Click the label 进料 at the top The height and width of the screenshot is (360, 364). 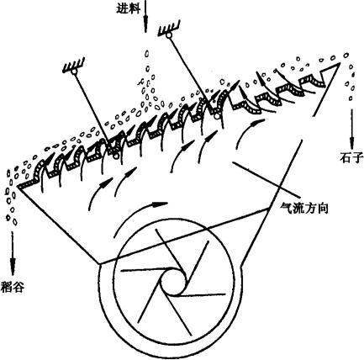pos(128,8)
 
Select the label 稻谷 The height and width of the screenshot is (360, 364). pos(13,287)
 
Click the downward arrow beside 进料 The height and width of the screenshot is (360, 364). pos(145,16)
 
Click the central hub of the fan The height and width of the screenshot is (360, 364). pos(173,280)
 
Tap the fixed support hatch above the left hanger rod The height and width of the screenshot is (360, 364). pos(74,65)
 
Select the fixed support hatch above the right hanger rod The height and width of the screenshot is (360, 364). pos(169,28)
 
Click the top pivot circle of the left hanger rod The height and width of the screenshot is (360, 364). pos(74,72)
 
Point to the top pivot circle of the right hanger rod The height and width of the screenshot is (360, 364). pos(168,35)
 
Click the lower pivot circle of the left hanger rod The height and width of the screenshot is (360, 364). pos(115,155)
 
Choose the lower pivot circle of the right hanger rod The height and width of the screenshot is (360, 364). pos(216,115)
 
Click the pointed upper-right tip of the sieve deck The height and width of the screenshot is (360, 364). pos(340,63)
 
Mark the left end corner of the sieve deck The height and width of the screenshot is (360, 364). pos(18,187)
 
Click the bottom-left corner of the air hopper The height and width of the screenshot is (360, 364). pos(99,263)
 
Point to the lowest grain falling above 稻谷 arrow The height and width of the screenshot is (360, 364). pos(14,222)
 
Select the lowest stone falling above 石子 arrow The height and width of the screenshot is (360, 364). pos(351,98)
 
